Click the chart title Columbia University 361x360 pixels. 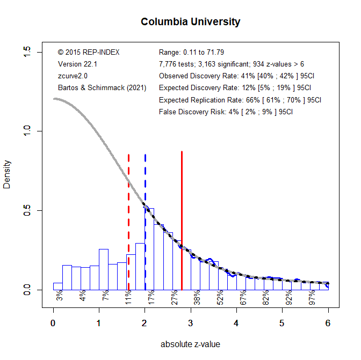pyautogui.click(x=190, y=22)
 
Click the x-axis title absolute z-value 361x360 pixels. pyautogui.click(x=190, y=344)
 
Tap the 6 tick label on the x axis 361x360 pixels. pyautogui.click(x=328, y=323)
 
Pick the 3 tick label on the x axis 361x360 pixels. pyautogui.click(x=191, y=323)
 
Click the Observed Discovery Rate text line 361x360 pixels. pyautogui.click(x=235, y=76)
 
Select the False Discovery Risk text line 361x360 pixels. pyautogui.click(x=226, y=112)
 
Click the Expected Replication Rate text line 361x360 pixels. pyautogui.click(x=240, y=100)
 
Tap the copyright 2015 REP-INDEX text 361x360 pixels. pyautogui.click(x=89, y=52)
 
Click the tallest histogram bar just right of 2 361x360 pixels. pyautogui.click(x=149, y=249)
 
